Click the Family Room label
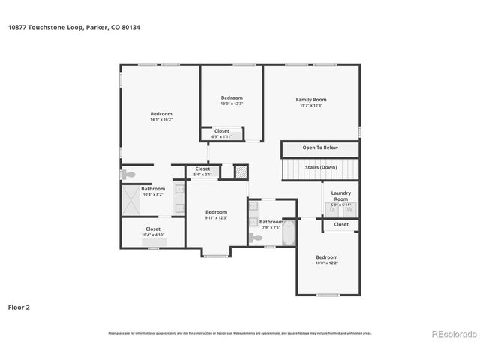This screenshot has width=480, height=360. (310, 100)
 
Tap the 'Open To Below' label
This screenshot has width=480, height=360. (320, 148)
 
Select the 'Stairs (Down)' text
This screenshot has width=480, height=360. (320, 167)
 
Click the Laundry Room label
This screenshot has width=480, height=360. (341, 195)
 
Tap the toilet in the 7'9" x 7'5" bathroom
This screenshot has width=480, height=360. (256, 237)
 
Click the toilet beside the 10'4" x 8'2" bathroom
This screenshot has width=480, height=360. (126, 174)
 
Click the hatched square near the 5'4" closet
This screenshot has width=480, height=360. (241, 172)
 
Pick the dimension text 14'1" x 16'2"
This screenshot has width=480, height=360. (161, 119)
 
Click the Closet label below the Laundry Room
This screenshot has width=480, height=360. (341, 224)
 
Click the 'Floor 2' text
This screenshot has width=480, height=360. (19, 307)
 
